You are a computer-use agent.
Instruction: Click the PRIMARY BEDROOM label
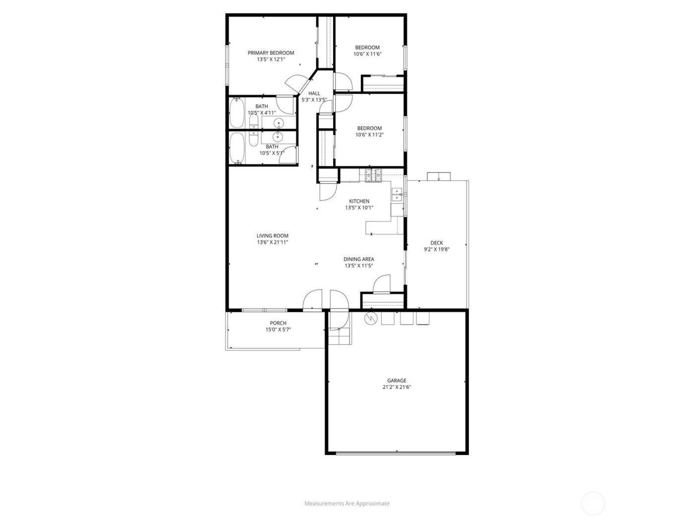[x=271, y=53]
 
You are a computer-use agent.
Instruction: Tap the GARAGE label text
[x=397, y=381]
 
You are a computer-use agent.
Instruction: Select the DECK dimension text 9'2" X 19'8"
[x=436, y=250]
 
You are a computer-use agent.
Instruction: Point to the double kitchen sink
[x=397, y=195]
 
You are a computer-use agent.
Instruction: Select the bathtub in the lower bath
[x=236, y=147]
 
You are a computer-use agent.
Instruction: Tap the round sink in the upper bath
[x=278, y=123]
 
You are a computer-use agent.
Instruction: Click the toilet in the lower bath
[x=253, y=139]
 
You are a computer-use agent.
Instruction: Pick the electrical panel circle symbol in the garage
[x=370, y=318]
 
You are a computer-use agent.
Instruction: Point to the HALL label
[x=314, y=93]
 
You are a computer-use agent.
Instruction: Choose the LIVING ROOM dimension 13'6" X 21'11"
[x=272, y=243]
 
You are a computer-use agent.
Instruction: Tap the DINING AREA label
[x=359, y=259]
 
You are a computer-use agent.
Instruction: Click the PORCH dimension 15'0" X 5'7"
[x=278, y=329]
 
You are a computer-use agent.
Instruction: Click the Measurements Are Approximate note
[x=347, y=503]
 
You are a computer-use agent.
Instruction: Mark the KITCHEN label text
[x=359, y=201]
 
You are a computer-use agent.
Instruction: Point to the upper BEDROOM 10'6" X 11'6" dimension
[x=367, y=54]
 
